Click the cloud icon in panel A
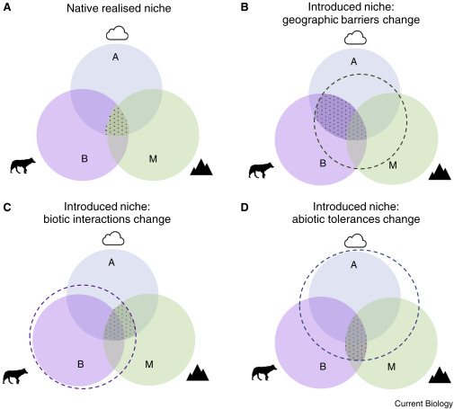pyautogui.click(x=117, y=33)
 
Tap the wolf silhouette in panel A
pyautogui.click(x=22, y=165)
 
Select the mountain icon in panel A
pyautogui.click(x=201, y=167)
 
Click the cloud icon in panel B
pyautogui.click(x=355, y=38)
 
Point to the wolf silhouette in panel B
pyautogui.click(x=262, y=171)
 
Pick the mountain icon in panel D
pyautogui.click(x=440, y=375)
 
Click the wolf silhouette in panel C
pyautogui.click(x=15, y=376)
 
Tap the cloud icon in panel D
pyautogui.click(x=355, y=241)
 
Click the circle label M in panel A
pyautogui.click(x=153, y=159)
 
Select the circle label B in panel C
pyautogui.click(x=80, y=364)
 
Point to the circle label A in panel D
pyautogui.click(x=354, y=265)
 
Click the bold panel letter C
pyautogui.click(x=6, y=207)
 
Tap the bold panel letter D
pyautogui.click(x=245, y=207)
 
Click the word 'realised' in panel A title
pyautogui.click(x=118, y=8)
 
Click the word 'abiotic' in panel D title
pyautogui.click(x=307, y=219)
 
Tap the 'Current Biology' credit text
pyautogui.click(x=423, y=404)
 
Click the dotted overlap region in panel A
pyautogui.click(x=118, y=123)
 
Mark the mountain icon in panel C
pyautogui.click(x=198, y=373)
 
